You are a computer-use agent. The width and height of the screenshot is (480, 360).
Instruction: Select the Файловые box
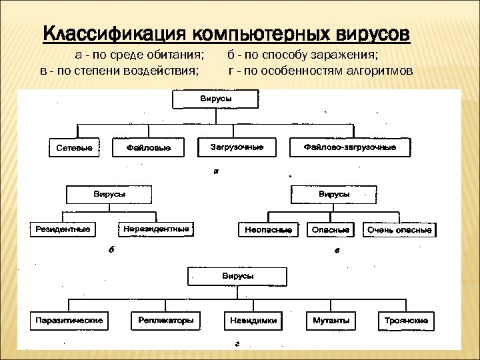coord(148,147)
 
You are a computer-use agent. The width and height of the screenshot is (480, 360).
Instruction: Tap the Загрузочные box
coord(237,147)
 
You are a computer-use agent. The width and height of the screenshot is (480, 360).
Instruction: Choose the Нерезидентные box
coord(157,229)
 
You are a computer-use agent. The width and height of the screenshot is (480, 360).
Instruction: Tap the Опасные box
coord(331,230)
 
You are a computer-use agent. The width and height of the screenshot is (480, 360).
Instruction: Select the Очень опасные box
coord(399,230)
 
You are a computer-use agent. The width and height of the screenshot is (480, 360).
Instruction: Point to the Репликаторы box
coord(166,321)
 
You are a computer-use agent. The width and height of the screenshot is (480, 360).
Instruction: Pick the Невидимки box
coord(251,321)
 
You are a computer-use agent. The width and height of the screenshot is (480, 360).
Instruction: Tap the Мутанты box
coord(331,321)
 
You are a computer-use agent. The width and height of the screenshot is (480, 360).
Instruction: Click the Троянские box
coord(406,321)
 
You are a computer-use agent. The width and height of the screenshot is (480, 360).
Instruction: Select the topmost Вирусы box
coord(215,99)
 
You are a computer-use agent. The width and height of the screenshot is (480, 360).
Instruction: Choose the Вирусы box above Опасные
coord(331,194)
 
